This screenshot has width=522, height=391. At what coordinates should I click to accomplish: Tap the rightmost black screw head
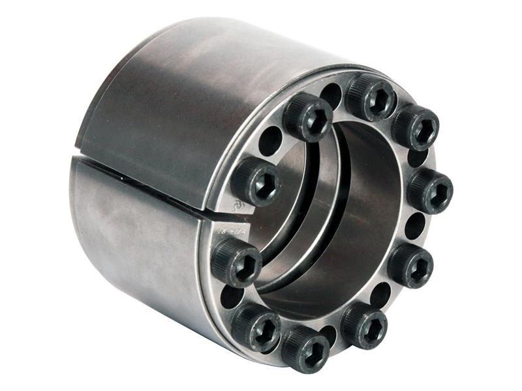click(x=430, y=191)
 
